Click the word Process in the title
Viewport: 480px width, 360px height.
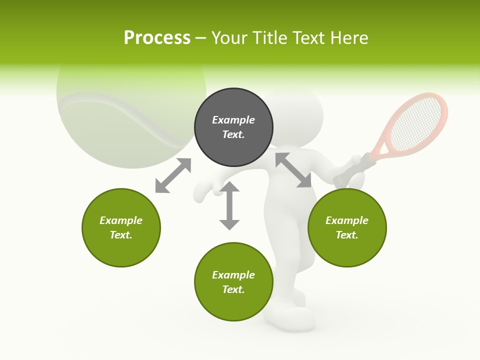coord(157,38)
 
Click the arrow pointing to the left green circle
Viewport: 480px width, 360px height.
coord(173,175)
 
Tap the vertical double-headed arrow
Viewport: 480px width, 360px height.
coord(229,205)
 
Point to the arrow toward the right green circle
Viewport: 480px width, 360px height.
coord(293,170)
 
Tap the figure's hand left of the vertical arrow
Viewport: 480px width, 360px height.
coord(203,190)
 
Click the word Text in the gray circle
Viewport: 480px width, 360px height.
coord(233,134)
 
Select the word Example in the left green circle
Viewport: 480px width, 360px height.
coord(121,220)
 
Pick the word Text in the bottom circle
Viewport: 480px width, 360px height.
coord(233,289)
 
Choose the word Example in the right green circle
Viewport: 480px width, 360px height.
coord(347,220)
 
